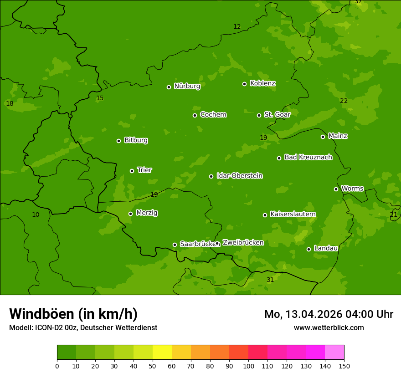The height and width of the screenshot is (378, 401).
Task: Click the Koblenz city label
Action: [x=262, y=83]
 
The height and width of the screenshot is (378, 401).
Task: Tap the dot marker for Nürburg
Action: [x=169, y=87]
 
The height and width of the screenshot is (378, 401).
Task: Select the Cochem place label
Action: [x=213, y=114]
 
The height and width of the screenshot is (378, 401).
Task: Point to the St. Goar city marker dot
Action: [x=259, y=115]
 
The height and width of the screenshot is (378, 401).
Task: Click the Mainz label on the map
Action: [x=338, y=136]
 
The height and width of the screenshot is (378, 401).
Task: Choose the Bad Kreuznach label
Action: [x=308, y=157]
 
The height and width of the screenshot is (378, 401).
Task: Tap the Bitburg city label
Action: [x=136, y=140]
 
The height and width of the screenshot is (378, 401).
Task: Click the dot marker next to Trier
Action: [x=132, y=171]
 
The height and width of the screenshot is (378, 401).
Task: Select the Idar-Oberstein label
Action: [x=239, y=176]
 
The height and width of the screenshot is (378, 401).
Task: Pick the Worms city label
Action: [x=352, y=188]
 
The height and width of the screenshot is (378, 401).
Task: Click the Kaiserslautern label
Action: [x=293, y=214]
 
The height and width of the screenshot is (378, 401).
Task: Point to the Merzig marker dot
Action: [x=130, y=214]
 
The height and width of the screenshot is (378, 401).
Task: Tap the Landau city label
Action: [x=326, y=248]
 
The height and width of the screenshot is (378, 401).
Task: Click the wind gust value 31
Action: [x=270, y=280]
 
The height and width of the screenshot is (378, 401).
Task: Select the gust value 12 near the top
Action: [x=237, y=26]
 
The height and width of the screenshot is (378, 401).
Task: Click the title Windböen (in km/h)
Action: [x=73, y=314]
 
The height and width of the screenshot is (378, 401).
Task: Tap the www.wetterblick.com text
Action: [x=329, y=327]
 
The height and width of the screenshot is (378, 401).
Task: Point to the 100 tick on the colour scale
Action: [x=248, y=365]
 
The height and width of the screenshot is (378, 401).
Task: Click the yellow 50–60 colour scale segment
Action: [x=162, y=352]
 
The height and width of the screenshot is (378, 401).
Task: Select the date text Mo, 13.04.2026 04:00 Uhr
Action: [x=329, y=314]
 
